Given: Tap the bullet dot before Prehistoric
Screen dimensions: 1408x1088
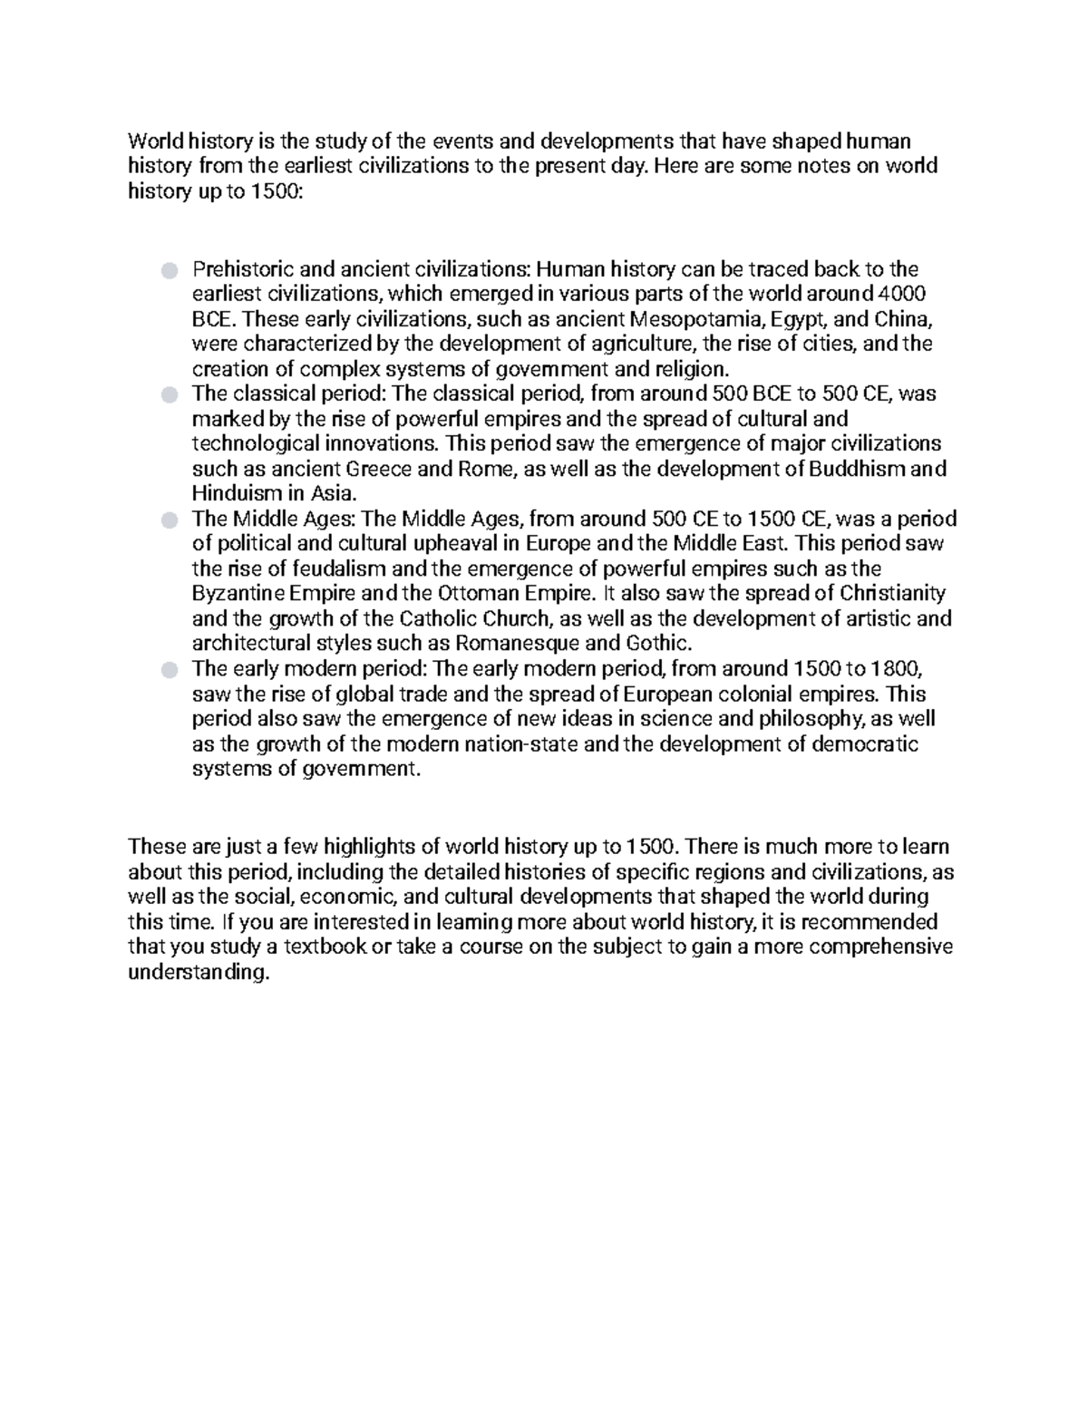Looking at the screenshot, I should (169, 270).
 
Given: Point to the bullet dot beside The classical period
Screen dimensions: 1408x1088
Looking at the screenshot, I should (169, 394).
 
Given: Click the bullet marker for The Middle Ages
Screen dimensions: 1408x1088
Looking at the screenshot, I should (169, 520).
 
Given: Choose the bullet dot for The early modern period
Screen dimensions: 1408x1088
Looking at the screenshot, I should (169, 670).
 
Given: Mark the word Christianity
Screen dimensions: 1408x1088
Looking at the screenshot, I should (893, 594).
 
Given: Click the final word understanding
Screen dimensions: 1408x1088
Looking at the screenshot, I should (199, 973).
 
